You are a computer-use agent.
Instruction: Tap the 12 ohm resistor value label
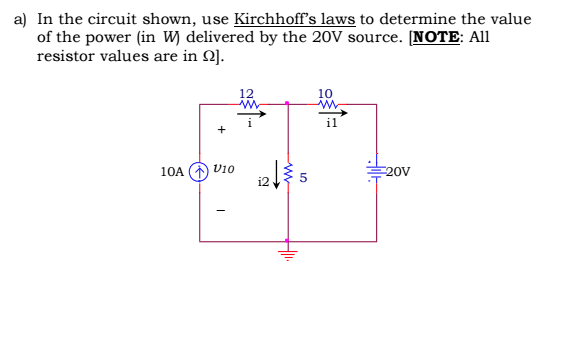pyautogui.click(x=247, y=93)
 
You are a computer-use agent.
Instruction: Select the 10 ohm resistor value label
pyautogui.click(x=324, y=93)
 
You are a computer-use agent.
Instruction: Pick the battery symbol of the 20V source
pyautogui.click(x=377, y=170)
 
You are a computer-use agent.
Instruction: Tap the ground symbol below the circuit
pyautogui.click(x=288, y=253)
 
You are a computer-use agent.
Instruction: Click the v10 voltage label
pyautogui.click(x=223, y=170)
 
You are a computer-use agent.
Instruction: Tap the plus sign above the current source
pyautogui.click(x=222, y=130)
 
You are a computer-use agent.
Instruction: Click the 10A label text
pyautogui.click(x=172, y=172)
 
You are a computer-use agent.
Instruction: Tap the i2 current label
pyautogui.click(x=263, y=182)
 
